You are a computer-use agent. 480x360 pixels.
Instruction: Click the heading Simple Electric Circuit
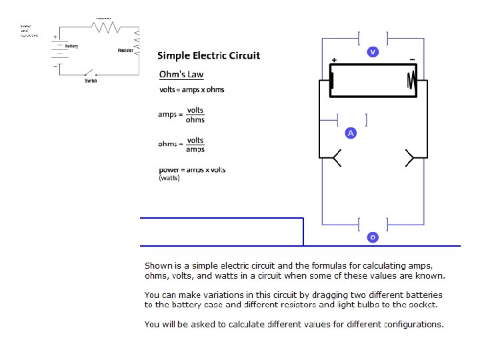(x=209, y=55)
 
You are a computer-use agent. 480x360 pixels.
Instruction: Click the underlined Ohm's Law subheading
(x=181, y=74)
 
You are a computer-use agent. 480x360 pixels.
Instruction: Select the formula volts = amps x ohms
(x=191, y=89)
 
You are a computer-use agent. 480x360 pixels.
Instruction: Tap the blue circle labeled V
(x=373, y=51)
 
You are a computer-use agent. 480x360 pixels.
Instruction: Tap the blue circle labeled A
(x=351, y=133)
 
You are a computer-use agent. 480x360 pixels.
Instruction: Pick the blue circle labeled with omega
(x=373, y=237)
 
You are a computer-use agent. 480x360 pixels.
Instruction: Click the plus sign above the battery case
(x=334, y=60)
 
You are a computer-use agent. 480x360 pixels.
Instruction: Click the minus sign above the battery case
(x=412, y=59)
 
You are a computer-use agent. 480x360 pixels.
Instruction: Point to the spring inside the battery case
(x=411, y=81)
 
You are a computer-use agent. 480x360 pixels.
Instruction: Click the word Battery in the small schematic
(x=72, y=46)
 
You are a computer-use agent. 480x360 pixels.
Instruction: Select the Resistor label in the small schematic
(x=125, y=51)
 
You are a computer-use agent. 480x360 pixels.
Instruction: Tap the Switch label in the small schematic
(x=91, y=81)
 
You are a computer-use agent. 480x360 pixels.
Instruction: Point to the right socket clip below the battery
(x=409, y=158)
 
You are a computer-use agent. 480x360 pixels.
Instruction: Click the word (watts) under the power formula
(x=169, y=178)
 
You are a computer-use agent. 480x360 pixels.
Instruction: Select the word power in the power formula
(x=170, y=169)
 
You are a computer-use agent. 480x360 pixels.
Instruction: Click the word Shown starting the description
(x=158, y=265)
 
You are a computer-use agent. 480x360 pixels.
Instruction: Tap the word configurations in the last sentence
(x=413, y=325)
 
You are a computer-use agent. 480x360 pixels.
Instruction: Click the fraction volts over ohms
(x=195, y=115)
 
